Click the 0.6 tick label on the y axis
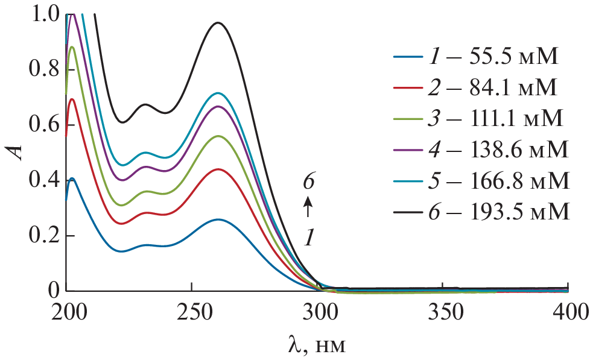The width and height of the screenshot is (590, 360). [x=44, y=125]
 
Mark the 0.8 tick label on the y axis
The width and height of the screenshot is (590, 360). [x=44, y=70]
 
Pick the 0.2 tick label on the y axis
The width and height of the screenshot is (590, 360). [x=44, y=236]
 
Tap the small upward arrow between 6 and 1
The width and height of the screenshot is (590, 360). [x=308, y=209]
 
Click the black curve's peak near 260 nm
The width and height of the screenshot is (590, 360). [x=218, y=23]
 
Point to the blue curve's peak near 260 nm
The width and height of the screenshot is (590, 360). [x=218, y=219]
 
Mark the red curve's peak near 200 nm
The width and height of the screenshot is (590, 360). [x=73, y=99]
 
